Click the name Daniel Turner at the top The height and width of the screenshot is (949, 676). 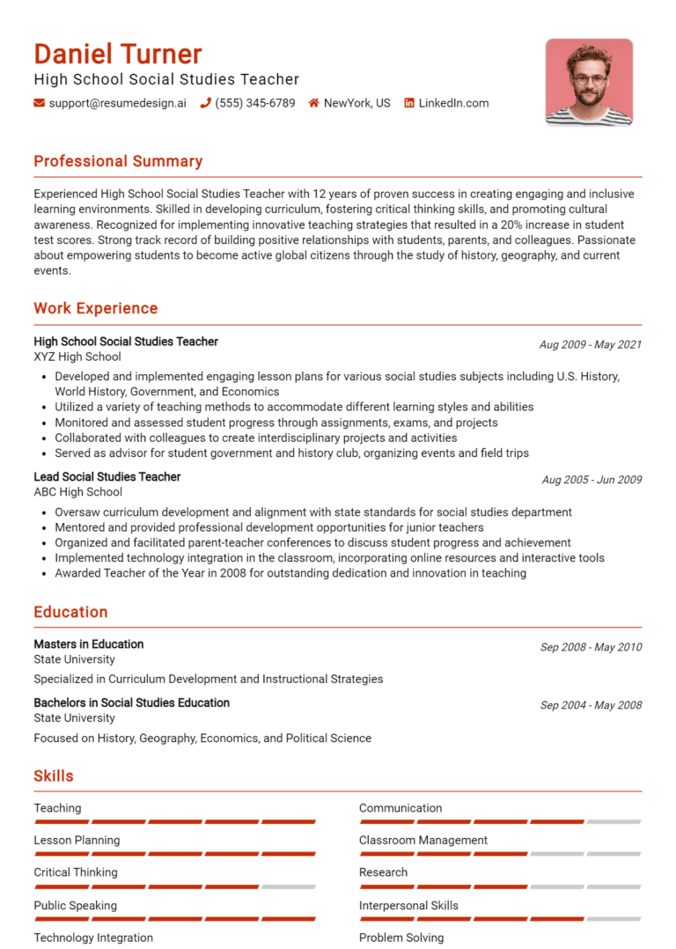(x=118, y=55)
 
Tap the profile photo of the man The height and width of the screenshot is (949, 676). (x=588, y=82)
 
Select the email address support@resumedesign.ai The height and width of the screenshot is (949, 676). (x=117, y=103)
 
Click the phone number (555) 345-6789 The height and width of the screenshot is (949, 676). (x=254, y=103)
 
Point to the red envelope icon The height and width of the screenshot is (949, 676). (x=39, y=103)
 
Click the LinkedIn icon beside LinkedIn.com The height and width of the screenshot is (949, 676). (x=408, y=103)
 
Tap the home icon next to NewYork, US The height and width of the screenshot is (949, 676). (x=313, y=103)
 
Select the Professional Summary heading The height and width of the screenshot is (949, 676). (x=118, y=161)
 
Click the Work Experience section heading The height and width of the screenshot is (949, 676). (x=96, y=308)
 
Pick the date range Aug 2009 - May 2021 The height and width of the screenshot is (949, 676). (x=591, y=344)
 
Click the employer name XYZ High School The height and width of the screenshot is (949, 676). (x=77, y=357)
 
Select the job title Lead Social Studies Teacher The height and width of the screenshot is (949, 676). (x=107, y=476)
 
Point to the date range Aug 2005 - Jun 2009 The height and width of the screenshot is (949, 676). (x=591, y=480)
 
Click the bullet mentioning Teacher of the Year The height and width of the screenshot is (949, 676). (x=290, y=573)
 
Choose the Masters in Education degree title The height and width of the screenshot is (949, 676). (x=88, y=644)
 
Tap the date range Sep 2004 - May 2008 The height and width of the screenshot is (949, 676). (x=591, y=705)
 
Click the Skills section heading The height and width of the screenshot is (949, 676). (x=54, y=776)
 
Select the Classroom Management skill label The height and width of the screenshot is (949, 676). (x=422, y=840)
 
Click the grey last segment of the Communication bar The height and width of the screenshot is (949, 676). (x=614, y=821)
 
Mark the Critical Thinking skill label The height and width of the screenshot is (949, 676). (x=75, y=872)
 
